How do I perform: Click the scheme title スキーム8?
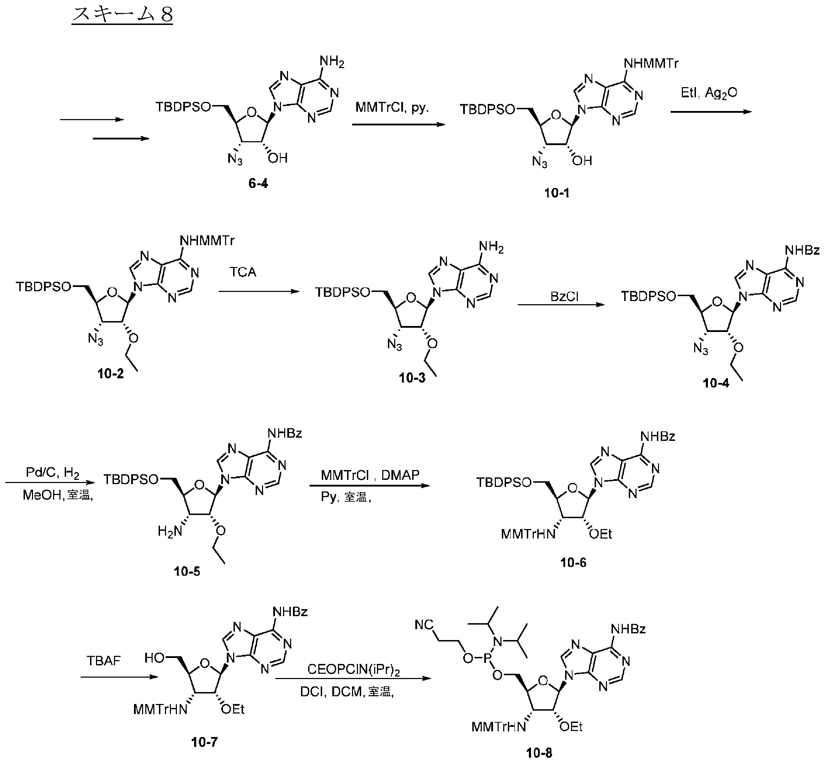(122, 14)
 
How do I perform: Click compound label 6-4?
(258, 183)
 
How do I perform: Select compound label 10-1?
(557, 193)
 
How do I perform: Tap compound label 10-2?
(110, 374)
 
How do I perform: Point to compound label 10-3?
(412, 378)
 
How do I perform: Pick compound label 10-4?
(716, 383)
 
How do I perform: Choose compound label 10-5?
(187, 572)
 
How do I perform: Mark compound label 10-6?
(573, 562)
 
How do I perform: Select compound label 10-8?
(539, 754)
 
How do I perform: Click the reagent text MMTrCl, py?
(392, 108)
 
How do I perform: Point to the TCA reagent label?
(243, 272)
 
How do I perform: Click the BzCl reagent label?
(565, 296)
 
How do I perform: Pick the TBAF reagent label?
(103, 661)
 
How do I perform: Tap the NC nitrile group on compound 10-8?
(424, 625)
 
